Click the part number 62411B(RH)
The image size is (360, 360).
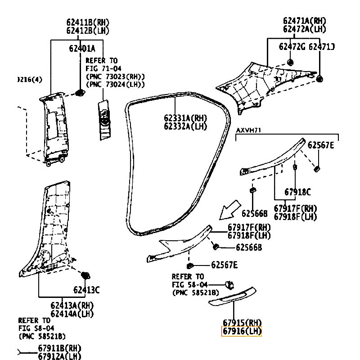pos(88,22)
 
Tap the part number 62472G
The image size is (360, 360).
pos(292,46)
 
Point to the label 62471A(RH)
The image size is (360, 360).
pos(304,21)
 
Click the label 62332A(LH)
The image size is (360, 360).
pos(185,126)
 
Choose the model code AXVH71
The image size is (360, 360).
pos(249,130)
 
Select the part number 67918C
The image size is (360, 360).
pos(297,192)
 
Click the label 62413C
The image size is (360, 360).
pos(86,290)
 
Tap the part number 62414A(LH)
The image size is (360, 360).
pos(72,314)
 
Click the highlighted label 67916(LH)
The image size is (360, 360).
pos(242,332)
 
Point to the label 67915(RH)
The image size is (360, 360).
pos(242,323)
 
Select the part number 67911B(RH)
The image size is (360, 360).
pos(59,348)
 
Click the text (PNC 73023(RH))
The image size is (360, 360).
pos(115,76)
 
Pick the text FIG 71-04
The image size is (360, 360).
pos(103,68)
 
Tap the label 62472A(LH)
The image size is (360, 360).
pos(304,29)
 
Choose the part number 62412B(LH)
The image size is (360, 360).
pos(88,31)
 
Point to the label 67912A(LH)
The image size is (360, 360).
pos(59,356)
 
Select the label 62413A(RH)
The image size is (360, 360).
pos(72,306)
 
